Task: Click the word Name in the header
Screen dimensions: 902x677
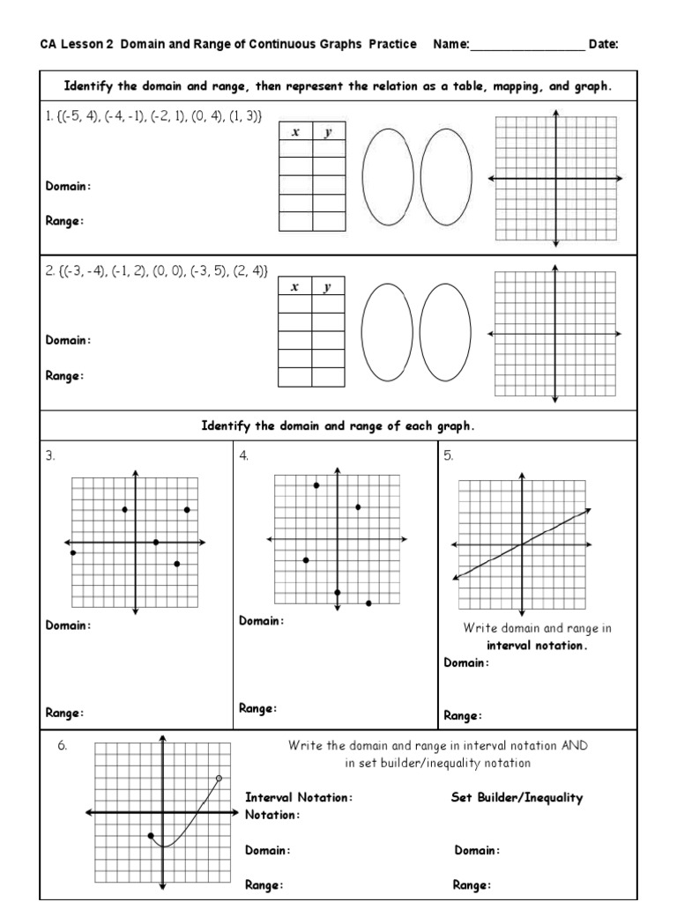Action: pos(449,44)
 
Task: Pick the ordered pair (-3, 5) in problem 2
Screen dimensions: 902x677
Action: pos(205,272)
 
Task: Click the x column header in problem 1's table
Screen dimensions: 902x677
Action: pos(295,132)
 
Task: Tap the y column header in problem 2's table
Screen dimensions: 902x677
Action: pos(327,287)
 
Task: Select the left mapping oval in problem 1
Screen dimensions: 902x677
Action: pos(386,180)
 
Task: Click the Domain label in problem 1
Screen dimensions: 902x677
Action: pos(67,186)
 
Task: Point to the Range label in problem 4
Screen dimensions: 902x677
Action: pos(257,707)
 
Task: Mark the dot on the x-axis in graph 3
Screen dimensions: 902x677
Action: pos(156,542)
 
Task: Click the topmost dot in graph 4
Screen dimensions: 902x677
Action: pos(316,485)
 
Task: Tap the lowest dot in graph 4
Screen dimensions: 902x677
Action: pos(368,603)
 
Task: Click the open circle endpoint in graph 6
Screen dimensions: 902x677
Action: pos(219,778)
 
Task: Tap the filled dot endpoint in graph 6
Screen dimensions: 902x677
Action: pos(151,835)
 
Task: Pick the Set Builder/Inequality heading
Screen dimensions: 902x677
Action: pos(517,797)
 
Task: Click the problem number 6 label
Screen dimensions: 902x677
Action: pos(63,745)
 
